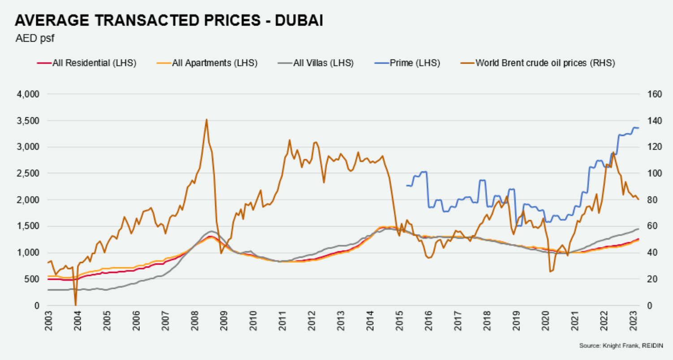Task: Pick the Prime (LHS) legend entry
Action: click(415, 63)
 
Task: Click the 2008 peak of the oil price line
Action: click(206, 120)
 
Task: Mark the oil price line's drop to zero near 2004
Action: click(75, 305)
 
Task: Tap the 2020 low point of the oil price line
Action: click(550, 271)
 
